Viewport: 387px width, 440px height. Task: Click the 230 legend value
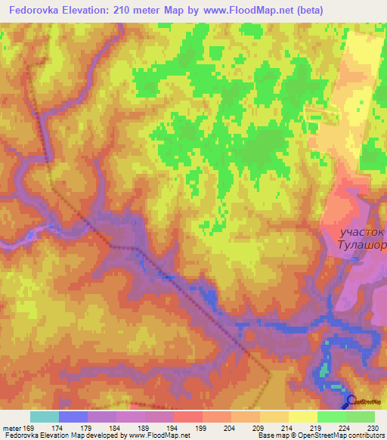coord(373,428)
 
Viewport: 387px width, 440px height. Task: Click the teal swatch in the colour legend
coord(45,417)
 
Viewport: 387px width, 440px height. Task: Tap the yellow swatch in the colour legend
coord(302,417)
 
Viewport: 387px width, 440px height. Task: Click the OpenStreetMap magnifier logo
coord(351,401)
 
